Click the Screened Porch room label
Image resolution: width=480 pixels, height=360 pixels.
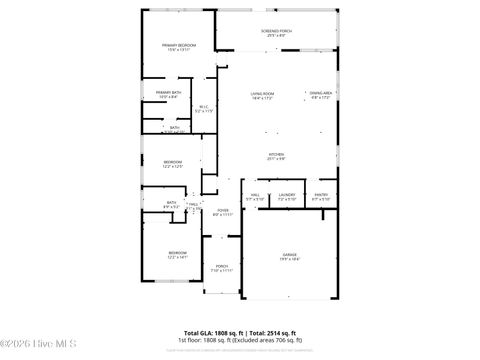point(276,31)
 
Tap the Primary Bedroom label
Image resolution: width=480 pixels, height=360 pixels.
point(179,45)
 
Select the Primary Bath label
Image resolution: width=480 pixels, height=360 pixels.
point(167,93)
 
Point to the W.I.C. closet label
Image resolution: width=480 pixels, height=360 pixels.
point(203,107)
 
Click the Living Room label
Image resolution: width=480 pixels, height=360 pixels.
point(262,93)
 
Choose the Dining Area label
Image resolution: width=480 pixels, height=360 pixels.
point(321,93)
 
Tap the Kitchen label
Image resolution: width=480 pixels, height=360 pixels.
point(276,154)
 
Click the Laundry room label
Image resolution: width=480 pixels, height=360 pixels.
point(286,194)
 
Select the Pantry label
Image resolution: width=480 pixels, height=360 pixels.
point(321,194)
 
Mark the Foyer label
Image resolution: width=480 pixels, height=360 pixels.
point(223,210)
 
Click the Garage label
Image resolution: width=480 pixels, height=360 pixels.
point(289,255)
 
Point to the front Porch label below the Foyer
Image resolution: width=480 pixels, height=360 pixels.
point(222,266)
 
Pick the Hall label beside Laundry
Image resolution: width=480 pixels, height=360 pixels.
point(255,194)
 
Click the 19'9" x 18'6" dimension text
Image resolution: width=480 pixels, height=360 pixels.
point(289,260)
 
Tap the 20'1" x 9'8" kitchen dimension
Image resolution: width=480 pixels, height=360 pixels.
point(276,159)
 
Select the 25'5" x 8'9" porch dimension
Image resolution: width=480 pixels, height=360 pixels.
point(276,36)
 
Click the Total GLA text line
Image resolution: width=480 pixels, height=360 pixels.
point(240,332)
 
